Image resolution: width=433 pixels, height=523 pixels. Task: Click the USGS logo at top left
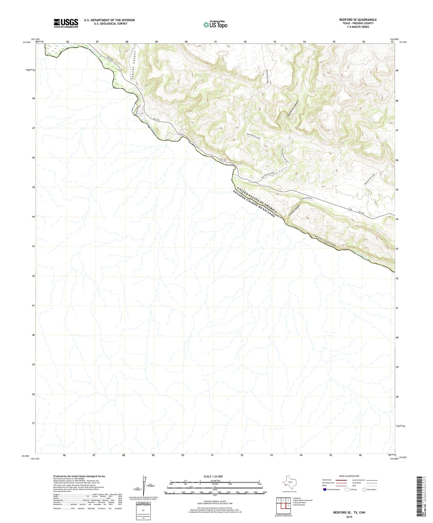(66, 23)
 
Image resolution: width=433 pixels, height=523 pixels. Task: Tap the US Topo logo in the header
(215, 25)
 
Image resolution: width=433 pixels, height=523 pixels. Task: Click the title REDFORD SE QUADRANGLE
(358, 20)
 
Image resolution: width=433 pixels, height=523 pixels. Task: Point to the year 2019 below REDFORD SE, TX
(349, 517)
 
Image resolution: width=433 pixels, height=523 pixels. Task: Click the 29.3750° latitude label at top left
(26, 43)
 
